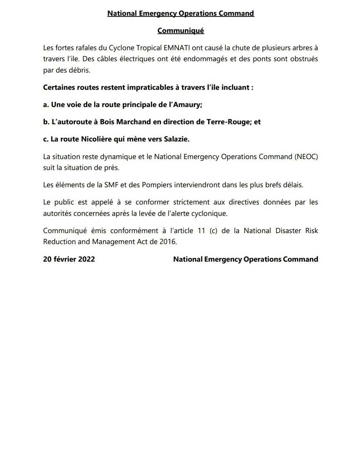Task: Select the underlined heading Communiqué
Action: click(x=180, y=31)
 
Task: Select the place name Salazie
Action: click(x=176, y=139)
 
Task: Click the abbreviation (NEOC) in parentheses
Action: click(x=306, y=157)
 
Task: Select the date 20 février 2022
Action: click(x=69, y=259)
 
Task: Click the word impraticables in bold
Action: click(x=149, y=88)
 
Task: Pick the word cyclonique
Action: click(x=210, y=213)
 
